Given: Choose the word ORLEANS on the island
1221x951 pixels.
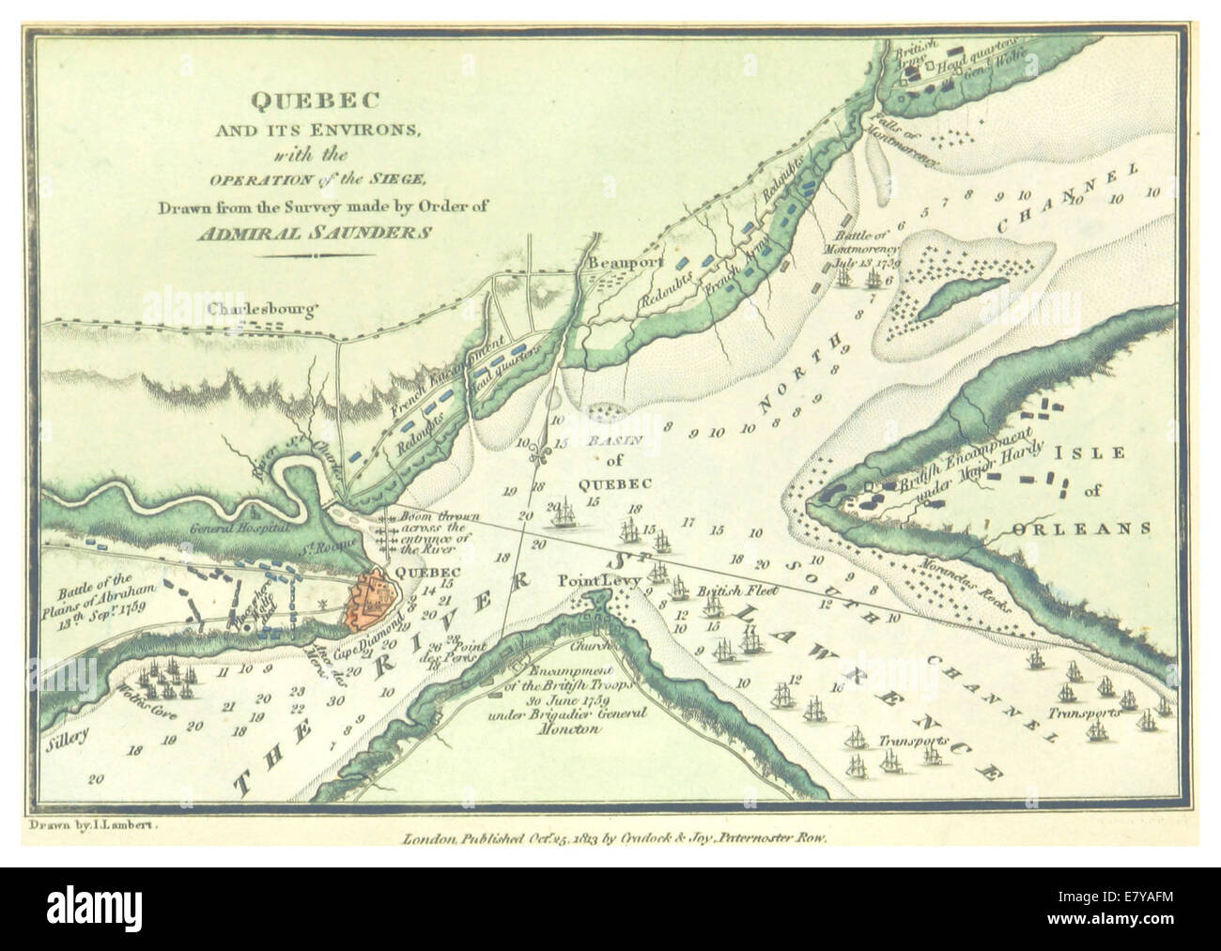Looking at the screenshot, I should click(x=1081, y=529).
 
